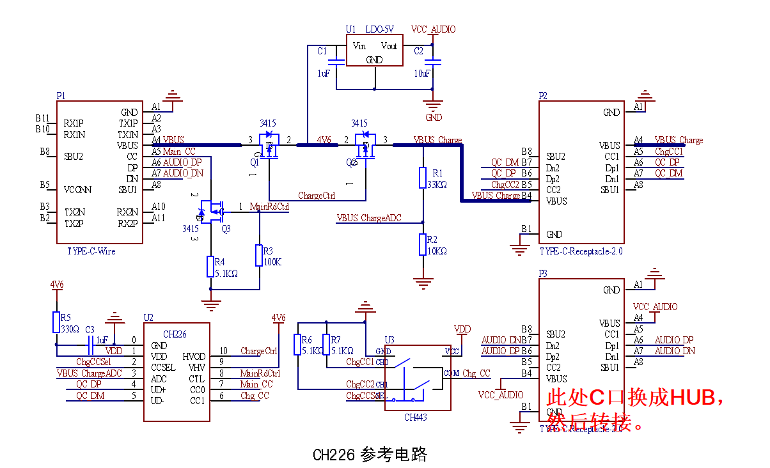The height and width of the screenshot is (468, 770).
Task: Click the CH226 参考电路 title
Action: click(x=370, y=455)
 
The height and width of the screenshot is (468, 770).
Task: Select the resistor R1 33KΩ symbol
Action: click(x=422, y=178)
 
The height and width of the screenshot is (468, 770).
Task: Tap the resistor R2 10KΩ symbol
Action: click(x=422, y=244)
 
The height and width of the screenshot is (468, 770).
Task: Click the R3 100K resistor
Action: click(x=259, y=254)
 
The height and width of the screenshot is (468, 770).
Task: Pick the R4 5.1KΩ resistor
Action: click(x=211, y=266)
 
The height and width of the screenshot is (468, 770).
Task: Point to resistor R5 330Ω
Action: click(x=56, y=322)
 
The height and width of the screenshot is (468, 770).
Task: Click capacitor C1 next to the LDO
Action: click(x=334, y=62)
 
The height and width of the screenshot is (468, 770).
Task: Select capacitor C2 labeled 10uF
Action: click(x=433, y=62)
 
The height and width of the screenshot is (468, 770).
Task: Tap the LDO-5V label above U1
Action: click(x=379, y=29)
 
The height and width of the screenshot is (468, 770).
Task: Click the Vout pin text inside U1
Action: click(x=389, y=46)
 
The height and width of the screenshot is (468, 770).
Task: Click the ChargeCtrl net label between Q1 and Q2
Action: click(x=317, y=196)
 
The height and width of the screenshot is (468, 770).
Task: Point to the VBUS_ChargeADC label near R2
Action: click(x=369, y=218)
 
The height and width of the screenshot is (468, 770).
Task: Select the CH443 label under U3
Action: click(x=416, y=417)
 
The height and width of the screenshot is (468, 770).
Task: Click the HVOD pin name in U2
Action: click(x=194, y=356)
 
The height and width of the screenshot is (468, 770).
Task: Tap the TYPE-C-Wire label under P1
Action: click(x=91, y=251)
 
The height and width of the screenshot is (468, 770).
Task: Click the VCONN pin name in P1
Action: click(x=78, y=190)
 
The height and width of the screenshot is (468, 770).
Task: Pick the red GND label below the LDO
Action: click(x=434, y=118)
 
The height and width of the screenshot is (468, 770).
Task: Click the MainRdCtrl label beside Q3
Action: click(x=269, y=207)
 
